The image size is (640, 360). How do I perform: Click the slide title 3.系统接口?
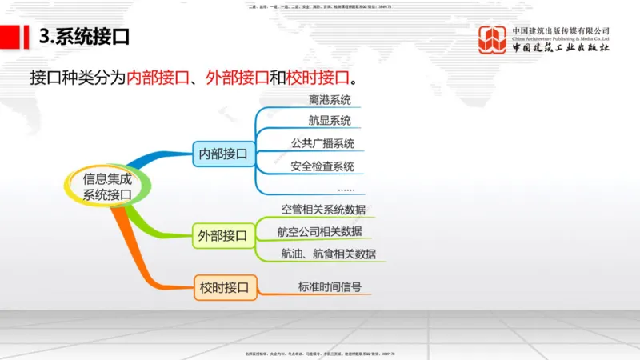[x=84, y=37]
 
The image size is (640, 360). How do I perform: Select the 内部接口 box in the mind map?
[x=223, y=153]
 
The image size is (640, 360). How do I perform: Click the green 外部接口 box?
[x=223, y=235]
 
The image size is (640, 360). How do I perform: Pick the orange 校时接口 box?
[x=224, y=286]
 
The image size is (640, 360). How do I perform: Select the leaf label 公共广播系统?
[x=322, y=145]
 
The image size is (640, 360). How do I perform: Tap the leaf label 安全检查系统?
[x=322, y=167]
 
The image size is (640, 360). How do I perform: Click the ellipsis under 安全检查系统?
[x=346, y=189]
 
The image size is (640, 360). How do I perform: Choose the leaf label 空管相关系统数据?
[x=323, y=210]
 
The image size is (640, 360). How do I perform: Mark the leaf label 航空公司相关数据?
[x=319, y=232]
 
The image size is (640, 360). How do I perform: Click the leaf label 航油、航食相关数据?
[x=328, y=254]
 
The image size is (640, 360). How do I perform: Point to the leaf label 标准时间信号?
[x=330, y=286]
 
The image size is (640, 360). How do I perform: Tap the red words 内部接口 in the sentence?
[x=158, y=78]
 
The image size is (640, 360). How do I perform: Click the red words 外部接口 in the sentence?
[x=238, y=78]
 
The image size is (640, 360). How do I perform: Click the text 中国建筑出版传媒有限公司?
[x=561, y=31]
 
